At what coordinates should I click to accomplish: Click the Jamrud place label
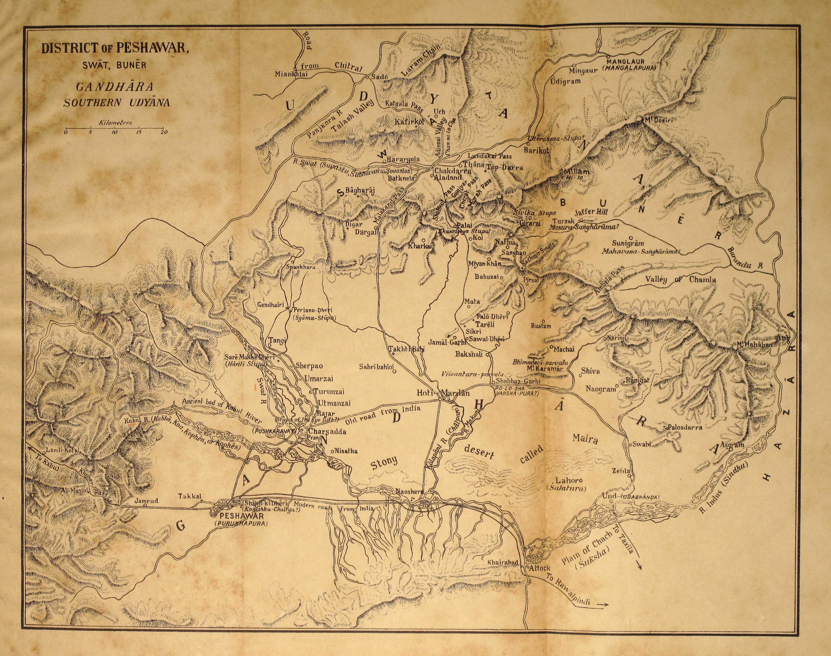(x=146, y=501)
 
